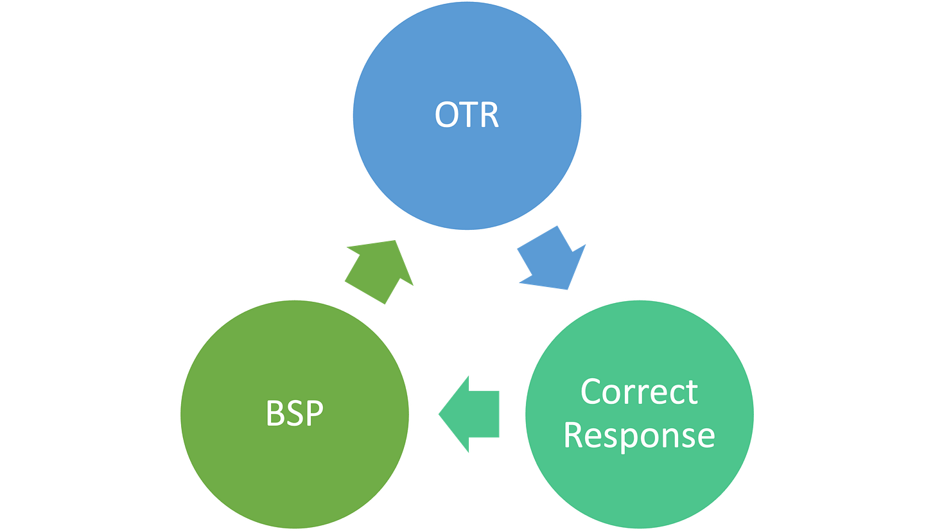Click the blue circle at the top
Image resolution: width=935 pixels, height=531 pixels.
(x=467, y=116)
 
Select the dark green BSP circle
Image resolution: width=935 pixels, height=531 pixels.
(x=295, y=415)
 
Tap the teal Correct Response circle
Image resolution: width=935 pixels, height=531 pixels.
(x=640, y=415)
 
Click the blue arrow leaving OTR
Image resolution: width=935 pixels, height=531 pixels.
(x=552, y=258)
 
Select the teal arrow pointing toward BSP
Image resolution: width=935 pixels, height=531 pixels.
(x=469, y=414)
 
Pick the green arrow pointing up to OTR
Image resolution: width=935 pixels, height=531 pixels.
(x=379, y=272)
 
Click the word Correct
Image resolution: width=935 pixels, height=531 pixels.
(x=639, y=392)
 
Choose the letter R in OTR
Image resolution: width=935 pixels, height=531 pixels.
(x=490, y=114)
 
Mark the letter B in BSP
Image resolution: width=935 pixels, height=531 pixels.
(x=275, y=413)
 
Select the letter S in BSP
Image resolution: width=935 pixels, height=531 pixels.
(x=294, y=413)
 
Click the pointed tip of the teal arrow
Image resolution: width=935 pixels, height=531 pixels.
(x=439, y=414)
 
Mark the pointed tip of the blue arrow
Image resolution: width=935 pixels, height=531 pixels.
(x=567, y=290)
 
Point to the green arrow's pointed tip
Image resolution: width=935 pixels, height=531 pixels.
(x=395, y=240)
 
